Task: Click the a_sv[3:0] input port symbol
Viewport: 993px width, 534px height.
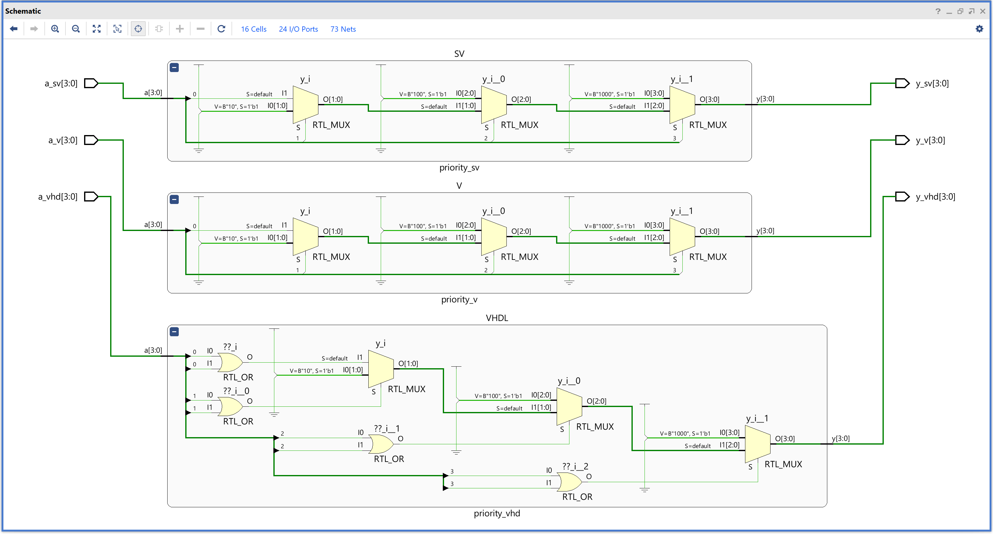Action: coord(91,83)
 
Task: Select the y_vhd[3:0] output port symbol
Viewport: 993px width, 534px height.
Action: coord(902,197)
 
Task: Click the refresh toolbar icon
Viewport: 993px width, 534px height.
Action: coord(221,29)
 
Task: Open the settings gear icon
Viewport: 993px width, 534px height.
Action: coord(979,29)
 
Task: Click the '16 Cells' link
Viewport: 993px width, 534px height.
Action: coord(254,29)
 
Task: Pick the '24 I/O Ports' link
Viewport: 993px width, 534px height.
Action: coord(298,29)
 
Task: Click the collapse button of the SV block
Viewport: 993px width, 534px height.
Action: coord(174,67)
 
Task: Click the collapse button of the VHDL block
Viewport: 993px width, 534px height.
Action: coord(174,332)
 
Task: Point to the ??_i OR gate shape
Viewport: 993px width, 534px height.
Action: coord(231,362)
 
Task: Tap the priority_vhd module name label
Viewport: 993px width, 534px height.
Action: coord(496,513)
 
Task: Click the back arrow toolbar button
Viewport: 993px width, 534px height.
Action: coord(14,29)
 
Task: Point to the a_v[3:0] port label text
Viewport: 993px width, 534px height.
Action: coord(63,140)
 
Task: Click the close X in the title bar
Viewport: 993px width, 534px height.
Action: coord(982,11)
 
